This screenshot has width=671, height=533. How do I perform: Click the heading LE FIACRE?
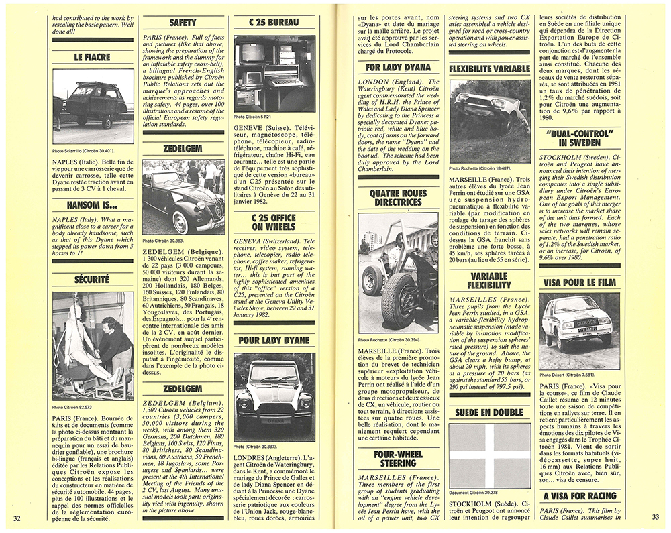point(92,58)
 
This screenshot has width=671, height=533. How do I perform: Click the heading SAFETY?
point(183,22)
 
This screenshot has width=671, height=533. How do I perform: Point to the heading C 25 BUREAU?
point(274,22)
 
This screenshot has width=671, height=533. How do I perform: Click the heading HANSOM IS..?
point(92,205)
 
